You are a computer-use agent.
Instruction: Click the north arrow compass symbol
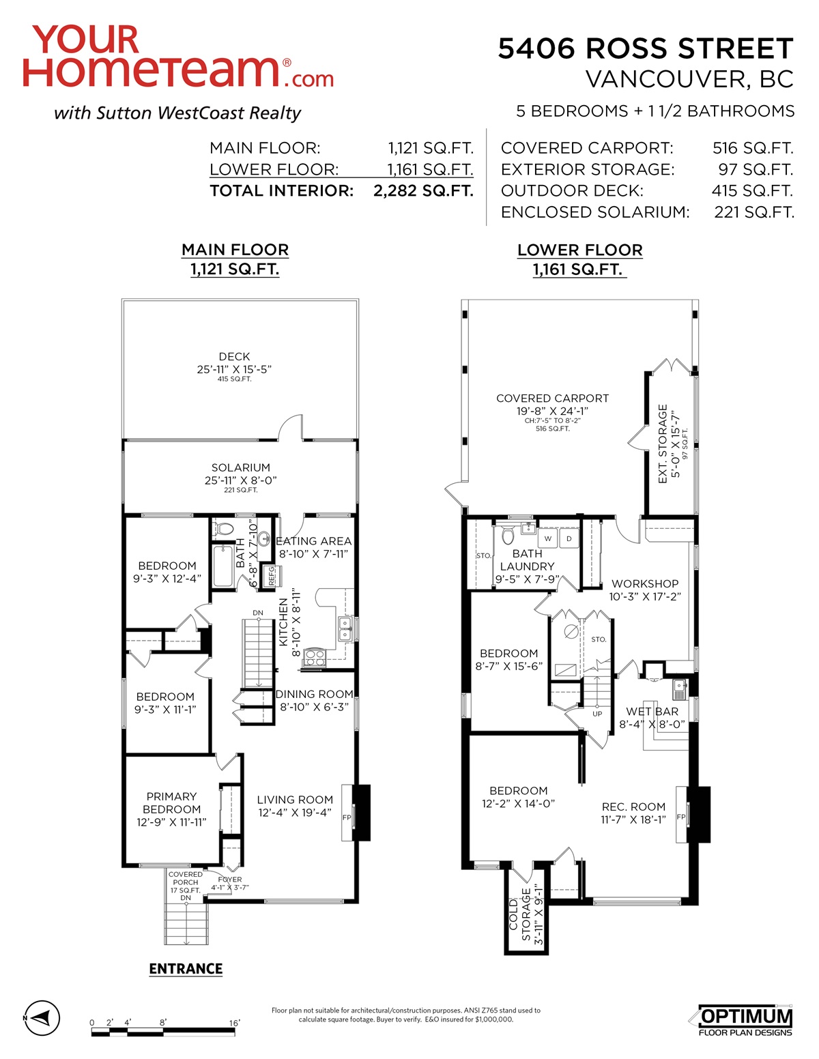pyautogui.click(x=42, y=1017)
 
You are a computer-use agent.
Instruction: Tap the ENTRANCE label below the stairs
pyautogui.click(x=186, y=968)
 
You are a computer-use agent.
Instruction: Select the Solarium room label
pyautogui.click(x=241, y=467)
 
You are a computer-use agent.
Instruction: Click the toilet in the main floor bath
pyautogui.click(x=224, y=528)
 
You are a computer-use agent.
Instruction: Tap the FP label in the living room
pyautogui.click(x=347, y=817)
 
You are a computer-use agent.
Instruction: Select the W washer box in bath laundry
pyautogui.click(x=547, y=538)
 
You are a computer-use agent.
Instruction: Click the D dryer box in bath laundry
pyautogui.click(x=569, y=538)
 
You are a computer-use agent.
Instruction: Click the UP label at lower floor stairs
pyautogui.click(x=597, y=714)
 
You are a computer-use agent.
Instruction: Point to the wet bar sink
pyautogui.click(x=680, y=687)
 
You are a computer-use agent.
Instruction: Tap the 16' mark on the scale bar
pyautogui.click(x=234, y=1023)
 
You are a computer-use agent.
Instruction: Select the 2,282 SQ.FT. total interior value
pyautogui.click(x=423, y=190)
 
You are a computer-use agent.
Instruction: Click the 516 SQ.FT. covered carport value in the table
pyautogui.click(x=753, y=148)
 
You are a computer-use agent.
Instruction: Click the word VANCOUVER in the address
pyautogui.click(x=667, y=79)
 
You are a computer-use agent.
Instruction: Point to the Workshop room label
pyautogui.click(x=645, y=583)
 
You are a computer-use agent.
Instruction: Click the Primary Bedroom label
pyautogui.click(x=171, y=802)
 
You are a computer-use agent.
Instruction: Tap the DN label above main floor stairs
pyautogui.click(x=258, y=613)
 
